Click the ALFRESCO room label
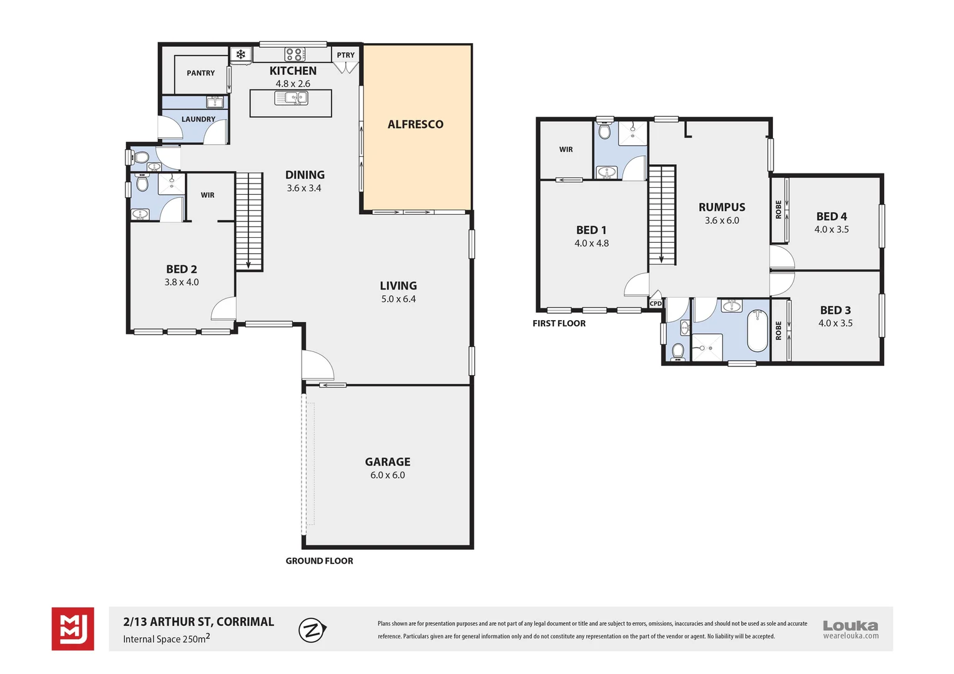click(x=415, y=124)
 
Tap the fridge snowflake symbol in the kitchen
click(x=240, y=54)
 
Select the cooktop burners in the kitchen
click(x=295, y=54)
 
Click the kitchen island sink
click(x=292, y=98)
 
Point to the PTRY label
click(x=345, y=55)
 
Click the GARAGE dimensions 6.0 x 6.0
click(x=387, y=475)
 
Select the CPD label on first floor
click(x=656, y=303)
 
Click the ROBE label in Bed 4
click(x=779, y=209)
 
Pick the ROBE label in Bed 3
click(x=779, y=330)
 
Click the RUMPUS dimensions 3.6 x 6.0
click(x=722, y=220)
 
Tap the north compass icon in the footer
click(x=312, y=630)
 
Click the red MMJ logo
click(x=73, y=628)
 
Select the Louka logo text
click(x=850, y=625)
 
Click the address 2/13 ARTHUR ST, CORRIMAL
click(x=199, y=622)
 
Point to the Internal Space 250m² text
click(x=166, y=638)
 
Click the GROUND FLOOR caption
click(x=319, y=561)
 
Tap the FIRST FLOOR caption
click(x=559, y=323)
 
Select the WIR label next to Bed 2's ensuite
click(x=207, y=195)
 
